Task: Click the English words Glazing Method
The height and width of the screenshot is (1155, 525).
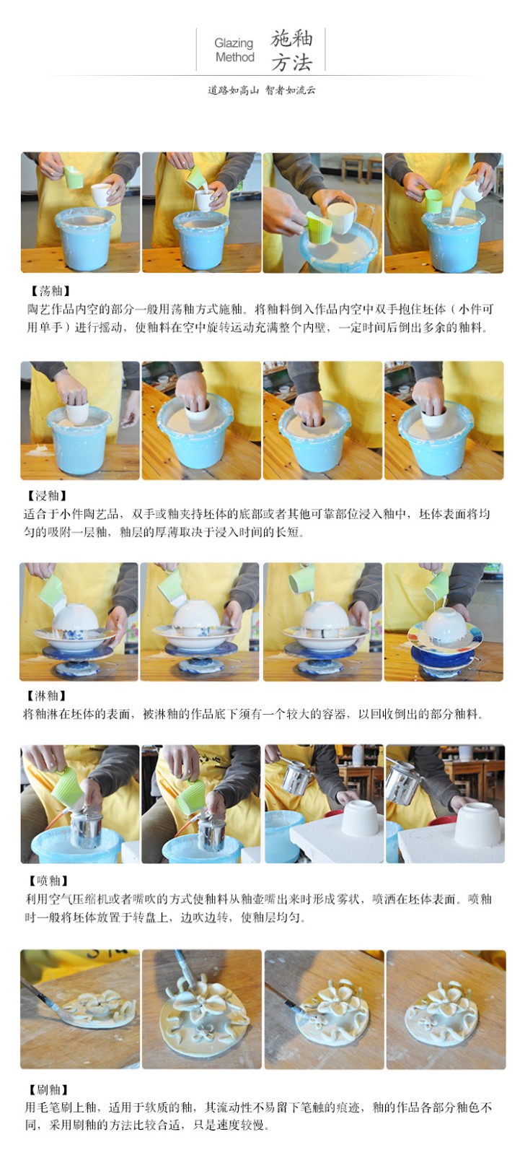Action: pos(234,50)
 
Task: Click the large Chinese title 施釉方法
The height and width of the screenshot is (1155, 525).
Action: pos(291,51)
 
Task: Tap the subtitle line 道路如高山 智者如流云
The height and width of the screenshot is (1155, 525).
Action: pos(261,90)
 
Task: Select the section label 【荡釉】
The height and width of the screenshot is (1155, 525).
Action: pos(48,292)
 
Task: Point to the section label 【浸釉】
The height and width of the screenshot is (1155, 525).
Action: pos(46,495)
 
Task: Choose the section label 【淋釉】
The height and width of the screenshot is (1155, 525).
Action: pos(45,696)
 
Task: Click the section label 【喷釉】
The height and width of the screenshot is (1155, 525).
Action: pos(47,881)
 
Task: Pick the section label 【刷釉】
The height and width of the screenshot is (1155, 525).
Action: pos(47,1089)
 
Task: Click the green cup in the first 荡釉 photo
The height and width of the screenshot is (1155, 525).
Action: pos(73,176)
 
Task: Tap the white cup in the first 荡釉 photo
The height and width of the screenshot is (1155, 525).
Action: pos(102,194)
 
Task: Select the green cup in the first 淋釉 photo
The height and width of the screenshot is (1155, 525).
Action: pos(51,591)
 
